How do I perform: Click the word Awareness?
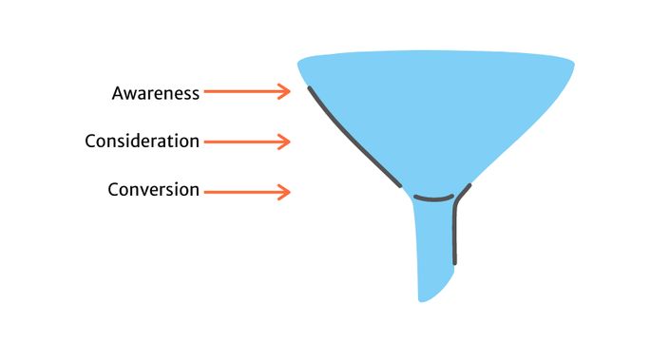(156, 93)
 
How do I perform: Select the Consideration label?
(142, 142)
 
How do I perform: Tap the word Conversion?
(153, 190)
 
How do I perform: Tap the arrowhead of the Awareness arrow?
(284, 92)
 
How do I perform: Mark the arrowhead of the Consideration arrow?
(284, 142)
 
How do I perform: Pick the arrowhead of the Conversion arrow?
(284, 193)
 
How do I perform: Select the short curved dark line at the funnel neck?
(434, 199)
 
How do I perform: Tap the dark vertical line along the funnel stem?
(454, 233)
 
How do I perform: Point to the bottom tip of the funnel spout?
(423, 299)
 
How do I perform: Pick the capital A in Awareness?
(118, 93)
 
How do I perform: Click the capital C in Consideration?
(90, 142)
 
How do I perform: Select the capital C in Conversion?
(113, 190)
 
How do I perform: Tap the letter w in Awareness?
(130, 94)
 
